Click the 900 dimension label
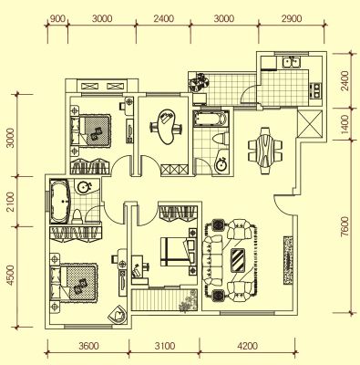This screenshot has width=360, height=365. [57, 18]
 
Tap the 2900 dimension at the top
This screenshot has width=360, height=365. [292, 18]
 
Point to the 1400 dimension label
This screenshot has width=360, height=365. [344, 124]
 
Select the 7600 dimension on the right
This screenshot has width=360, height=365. [344, 226]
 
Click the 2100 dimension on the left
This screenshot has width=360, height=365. [10, 202]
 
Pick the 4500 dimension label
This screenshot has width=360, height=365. [10, 276]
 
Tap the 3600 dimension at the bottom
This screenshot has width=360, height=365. [88, 346]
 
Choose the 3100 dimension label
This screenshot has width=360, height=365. [164, 346]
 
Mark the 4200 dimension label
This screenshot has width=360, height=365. [248, 346]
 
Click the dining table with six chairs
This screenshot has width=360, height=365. [265, 151]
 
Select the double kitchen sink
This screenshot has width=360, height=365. [292, 62]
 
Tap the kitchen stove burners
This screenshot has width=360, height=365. [316, 90]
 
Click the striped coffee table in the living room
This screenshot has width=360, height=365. [238, 261]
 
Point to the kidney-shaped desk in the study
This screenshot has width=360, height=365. [167, 126]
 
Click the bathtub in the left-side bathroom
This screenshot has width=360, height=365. [60, 201]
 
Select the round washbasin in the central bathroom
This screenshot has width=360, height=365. [221, 164]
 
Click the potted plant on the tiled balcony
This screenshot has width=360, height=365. [198, 81]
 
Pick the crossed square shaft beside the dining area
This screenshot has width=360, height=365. [309, 124]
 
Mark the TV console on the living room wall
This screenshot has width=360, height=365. [288, 260]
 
